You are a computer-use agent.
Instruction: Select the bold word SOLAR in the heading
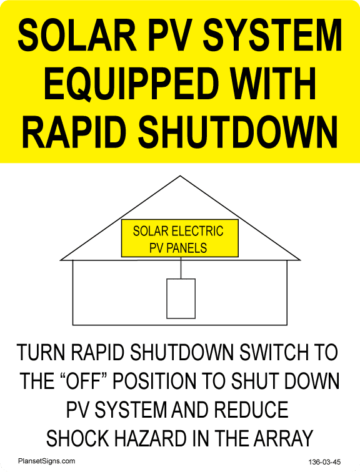point(77,35)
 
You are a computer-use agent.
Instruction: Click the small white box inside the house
point(181,298)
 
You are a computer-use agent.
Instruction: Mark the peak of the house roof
point(180,176)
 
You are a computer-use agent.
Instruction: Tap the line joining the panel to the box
point(181,268)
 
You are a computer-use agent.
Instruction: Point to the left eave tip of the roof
point(61,260)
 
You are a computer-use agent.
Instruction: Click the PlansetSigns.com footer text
point(46,461)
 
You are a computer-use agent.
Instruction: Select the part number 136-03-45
point(324,462)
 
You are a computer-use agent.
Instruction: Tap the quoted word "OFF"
point(84,380)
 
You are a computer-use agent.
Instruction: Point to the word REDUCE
point(251,410)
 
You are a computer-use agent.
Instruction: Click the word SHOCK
point(77,438)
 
